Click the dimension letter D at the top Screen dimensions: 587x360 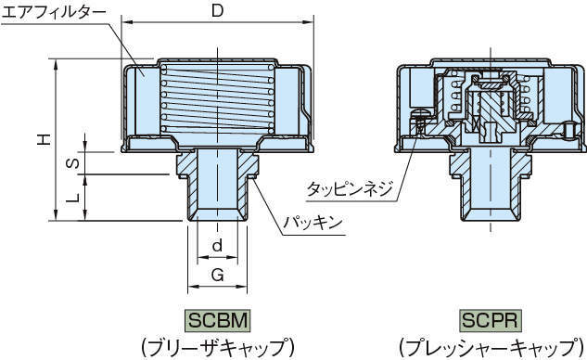pos(217,11)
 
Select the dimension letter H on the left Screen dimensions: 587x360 pos(44,139)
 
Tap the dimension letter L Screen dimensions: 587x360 pos(74,198)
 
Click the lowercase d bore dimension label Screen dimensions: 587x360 pos(217,245)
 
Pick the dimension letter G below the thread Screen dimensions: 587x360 pos(218,275)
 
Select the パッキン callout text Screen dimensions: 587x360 pos(313,223)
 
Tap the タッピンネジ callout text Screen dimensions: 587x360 pos(350,188)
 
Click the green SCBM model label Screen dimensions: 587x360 pos(218,321)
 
